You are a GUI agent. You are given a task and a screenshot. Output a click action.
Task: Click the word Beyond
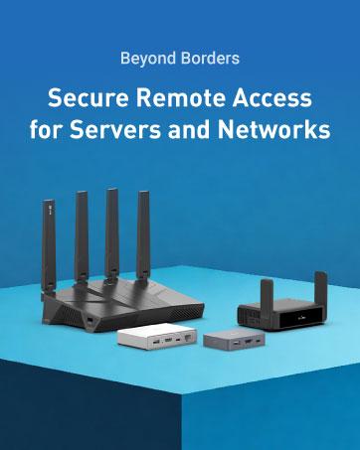[x=144, y=58]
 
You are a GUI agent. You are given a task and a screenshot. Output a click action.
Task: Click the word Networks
[x=280, y=130]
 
